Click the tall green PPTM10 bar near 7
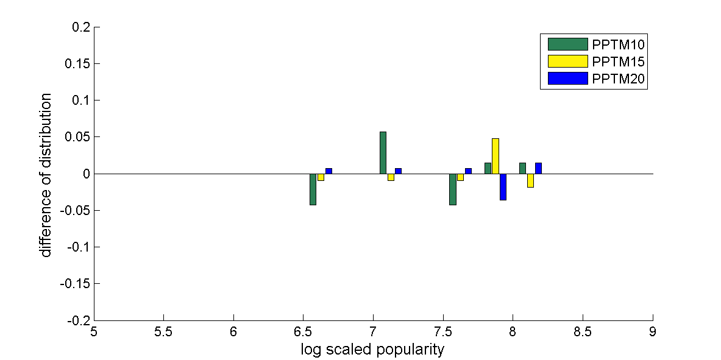pyautogui.click(x=383, y=152)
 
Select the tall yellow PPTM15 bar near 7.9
pyautogui.click(x=495, y=156)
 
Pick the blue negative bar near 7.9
pyautogui.click(x=503, y=186)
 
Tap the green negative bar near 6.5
pyautogui.click(x=313, y=189)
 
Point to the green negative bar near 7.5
pyautogui.click(x=453, y=189)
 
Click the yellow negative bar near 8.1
pyautogui.click(x=530, y=180)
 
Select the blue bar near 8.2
pyautogui.click(x=538, y=168)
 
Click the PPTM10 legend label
pyautogui.click(x=619, y=44)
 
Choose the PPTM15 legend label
pyautogui.click(x=619, y=62)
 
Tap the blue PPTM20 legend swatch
pyautogui.click(x=567, y=78)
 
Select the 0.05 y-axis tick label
pyautogui.click(x=77, y=137)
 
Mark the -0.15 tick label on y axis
pyautogui.click(x=75, y=283)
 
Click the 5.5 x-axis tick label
pyautogui.click(x=163, y=333)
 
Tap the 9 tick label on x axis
pyautogui.click(x=653, y=333)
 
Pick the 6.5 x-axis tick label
pyautogui.click(x=303, y=333)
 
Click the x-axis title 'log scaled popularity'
pyautogui.click(x=372, y=350)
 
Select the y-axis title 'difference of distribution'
pyautogui.click(x=47, y=175)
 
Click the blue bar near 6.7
pyautogui.click(x=329, y=171)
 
